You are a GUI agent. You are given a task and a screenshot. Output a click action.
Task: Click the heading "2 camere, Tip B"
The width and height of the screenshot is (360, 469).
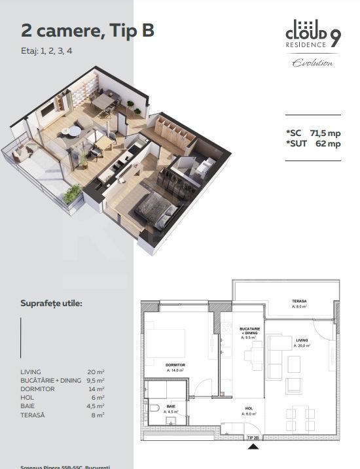88,30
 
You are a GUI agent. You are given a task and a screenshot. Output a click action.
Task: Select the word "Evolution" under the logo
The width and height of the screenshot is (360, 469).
312,63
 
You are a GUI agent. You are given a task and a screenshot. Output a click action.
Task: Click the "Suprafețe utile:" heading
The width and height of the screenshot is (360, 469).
52,304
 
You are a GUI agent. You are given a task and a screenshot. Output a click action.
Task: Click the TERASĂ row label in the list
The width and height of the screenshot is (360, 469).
33,414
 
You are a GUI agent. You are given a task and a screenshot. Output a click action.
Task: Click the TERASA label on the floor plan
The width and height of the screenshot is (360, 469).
300,302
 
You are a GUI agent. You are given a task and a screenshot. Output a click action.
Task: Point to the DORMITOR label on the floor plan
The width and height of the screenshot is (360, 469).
176,365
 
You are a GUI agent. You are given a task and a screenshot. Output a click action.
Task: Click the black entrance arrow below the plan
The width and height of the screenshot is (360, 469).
252,447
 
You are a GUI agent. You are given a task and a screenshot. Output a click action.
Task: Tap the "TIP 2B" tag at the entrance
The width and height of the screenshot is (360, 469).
253,437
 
